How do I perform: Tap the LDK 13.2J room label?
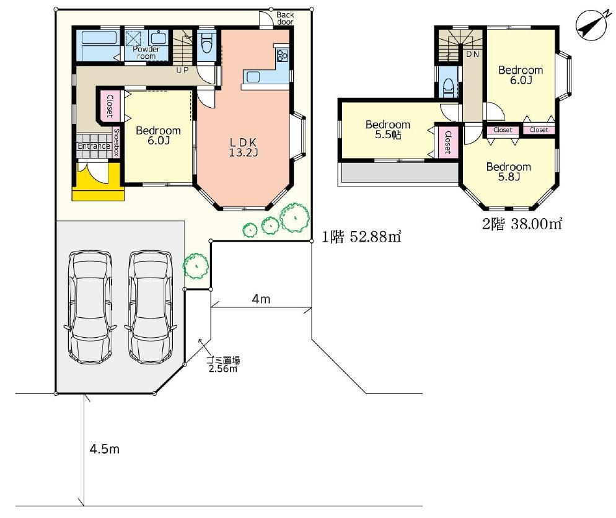(x=244, y=147)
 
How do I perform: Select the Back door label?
(x=285, y=19)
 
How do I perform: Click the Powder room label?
(x=146, y=53)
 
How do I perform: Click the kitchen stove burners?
(x=282, y=55)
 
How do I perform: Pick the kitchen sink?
(x=253, y=76)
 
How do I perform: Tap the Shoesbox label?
(x=116, y=142)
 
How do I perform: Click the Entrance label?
(x=94, y=146)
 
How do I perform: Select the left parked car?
(x=90, y=307)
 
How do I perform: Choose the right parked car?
(x=150, y=307)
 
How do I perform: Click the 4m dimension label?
(x=261, y=299)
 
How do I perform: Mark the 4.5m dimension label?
(x=105, y=449)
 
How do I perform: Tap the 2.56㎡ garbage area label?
(x=222, y=369)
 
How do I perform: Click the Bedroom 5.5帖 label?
(x=388, y=129)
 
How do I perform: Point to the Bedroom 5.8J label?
(x=508, y=172)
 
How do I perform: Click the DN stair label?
(x=473, y=54)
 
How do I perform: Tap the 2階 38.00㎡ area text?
(x=522, y=224)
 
